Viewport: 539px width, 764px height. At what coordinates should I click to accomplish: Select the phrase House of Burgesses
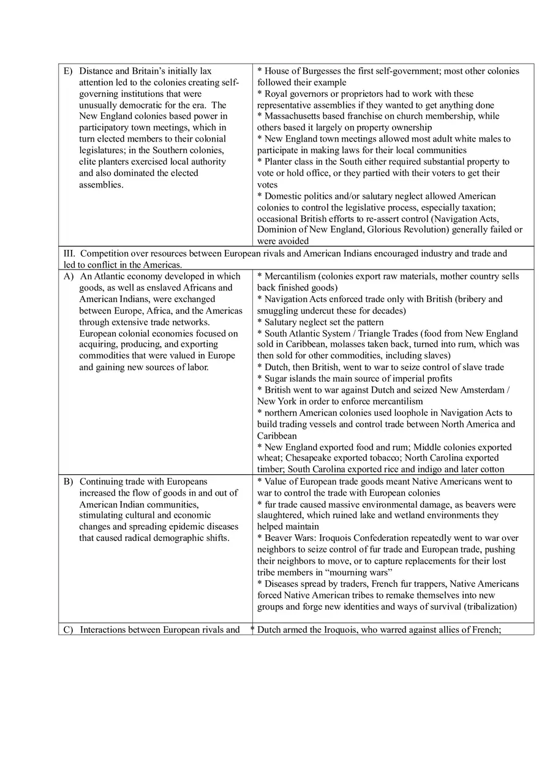[302, 71]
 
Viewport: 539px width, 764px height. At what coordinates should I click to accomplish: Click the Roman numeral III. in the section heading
[70, 253]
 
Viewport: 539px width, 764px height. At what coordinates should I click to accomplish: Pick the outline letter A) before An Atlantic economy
[69, 276]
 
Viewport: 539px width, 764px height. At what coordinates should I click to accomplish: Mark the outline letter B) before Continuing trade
[69, 481]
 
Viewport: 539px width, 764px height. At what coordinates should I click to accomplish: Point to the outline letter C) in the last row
[69, 629]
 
